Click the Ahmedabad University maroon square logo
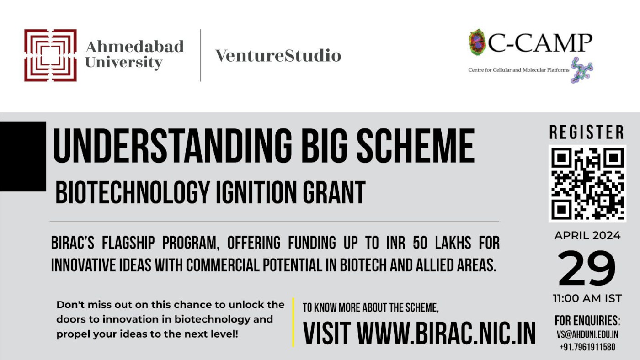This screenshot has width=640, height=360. [50, 55]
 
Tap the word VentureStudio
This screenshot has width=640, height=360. [278, 55]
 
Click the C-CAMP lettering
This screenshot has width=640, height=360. [540, 43]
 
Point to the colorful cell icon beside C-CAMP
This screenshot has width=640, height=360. [477, 42]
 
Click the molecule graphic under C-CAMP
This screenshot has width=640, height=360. [581, 70]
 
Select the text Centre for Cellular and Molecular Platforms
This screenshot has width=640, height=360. [518, 70]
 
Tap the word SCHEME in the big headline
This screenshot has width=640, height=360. [416, 146]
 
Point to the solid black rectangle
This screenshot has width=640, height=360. [23, 156]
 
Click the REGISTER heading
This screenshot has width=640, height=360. [587, 132]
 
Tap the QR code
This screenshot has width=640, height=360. [587, 184]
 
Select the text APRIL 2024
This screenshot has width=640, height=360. [587, 236]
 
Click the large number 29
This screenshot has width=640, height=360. [587, 268]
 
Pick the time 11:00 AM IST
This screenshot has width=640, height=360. [587, 299]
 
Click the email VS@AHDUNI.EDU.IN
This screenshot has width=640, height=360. [587, 334]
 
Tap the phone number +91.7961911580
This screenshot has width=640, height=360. [587, 347]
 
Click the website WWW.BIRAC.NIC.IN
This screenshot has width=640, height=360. [446, 333]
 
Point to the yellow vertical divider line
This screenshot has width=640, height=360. [293, 323]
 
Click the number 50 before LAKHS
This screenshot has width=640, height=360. [420, 243]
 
